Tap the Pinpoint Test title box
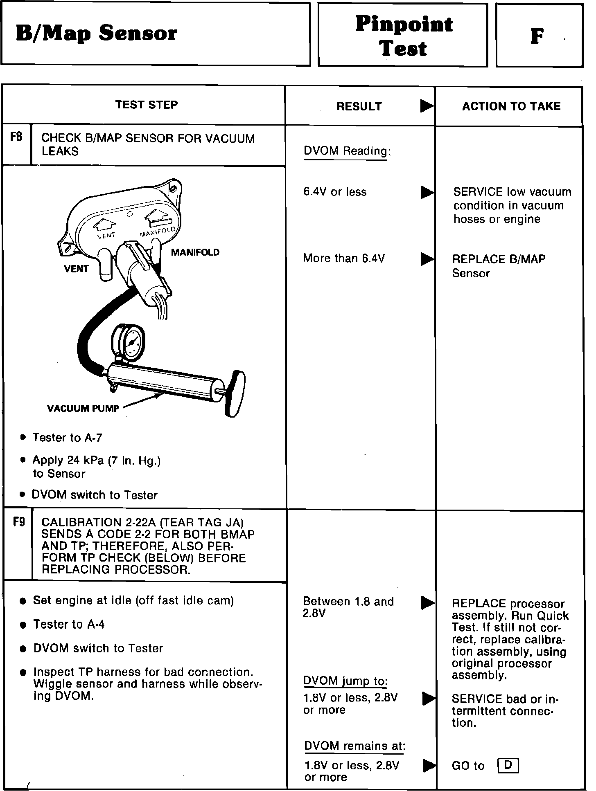pyautogui.click(x=403, y=36)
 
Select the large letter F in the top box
pyautogui.click(x=537, y=36)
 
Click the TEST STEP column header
pyautogui.click(x=146, y=105)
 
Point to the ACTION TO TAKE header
pyautogui.click(x=511, y=106)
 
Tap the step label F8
pyautogui.click(x=16, y=137)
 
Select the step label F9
pyautogui.click(x=18, y=522)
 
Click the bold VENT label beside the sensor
pyautogui.click(x=76, y=269)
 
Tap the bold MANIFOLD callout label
pyautogui.click(x=195, y=252)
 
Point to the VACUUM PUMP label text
pyautogui.click(x=83, y=408)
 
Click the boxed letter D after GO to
pyautogui.click(x=508, y=765)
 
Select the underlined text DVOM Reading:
pyautogui.click(x=347, y=151)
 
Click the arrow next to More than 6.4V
pyautogui.click(x=427, y=258)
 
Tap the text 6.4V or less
pyautogui.click(x=335, y=192)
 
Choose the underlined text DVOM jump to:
pyautogui.click(x=345, y=681)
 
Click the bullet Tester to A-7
pyautogui.click(x=67, y=438)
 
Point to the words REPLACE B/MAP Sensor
pyautogui.click(x=498, y=266)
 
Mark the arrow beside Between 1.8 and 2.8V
pyautogui.click(x=427, y=603)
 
